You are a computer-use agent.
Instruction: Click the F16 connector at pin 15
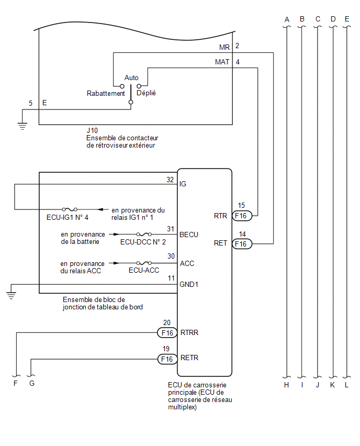click(242, 216)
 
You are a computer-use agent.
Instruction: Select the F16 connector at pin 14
click(242, 244)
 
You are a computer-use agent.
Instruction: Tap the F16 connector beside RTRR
click(167, 332)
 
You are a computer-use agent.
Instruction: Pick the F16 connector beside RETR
click(167, 359)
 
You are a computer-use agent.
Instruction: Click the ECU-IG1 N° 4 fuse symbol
click(70, 209)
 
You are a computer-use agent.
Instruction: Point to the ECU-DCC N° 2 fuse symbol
click(144, 235)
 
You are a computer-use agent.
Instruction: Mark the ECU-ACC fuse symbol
click(144, 263)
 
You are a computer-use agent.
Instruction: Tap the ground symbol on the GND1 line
click(11, 296)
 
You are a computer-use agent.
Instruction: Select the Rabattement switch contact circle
click(122, 86)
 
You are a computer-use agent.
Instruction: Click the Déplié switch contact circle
click(139, 86)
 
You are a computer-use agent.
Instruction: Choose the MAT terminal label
click(222, 62)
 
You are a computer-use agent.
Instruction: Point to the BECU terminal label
click(189, 235)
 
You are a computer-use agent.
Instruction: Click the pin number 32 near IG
click(170, 180)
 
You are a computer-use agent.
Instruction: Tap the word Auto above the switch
click(131, 77)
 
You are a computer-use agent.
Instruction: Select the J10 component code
click(92, 130)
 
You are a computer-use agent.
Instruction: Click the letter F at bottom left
click(16, 383)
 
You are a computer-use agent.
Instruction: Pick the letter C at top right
click(318, 19)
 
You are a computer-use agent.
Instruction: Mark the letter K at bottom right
click(332, 385)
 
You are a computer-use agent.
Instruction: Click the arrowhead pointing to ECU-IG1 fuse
click(100, 209)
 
